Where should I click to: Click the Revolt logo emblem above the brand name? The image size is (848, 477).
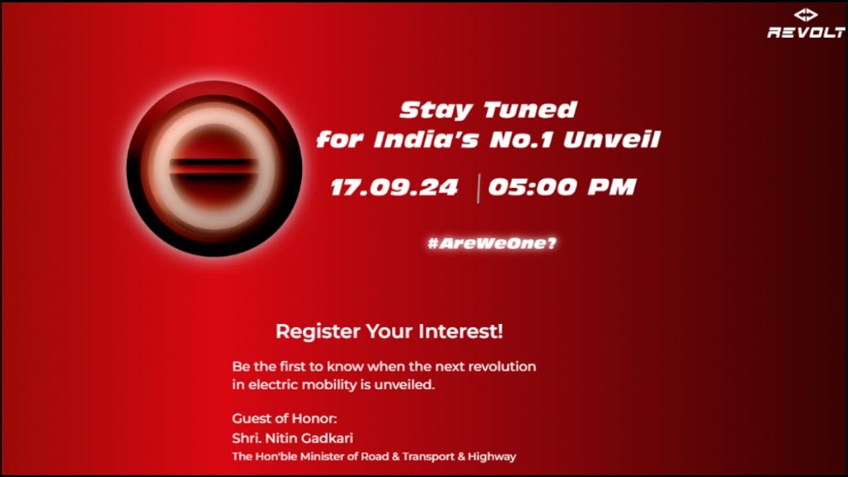pos(806,15)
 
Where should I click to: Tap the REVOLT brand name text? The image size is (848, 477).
pos(806,32)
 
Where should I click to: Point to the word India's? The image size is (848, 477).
pos(423,140)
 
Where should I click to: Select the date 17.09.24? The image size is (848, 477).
pos(394,187)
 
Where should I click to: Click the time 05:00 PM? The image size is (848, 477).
pos(562,187)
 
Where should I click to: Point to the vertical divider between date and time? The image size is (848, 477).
pos(478,188)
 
